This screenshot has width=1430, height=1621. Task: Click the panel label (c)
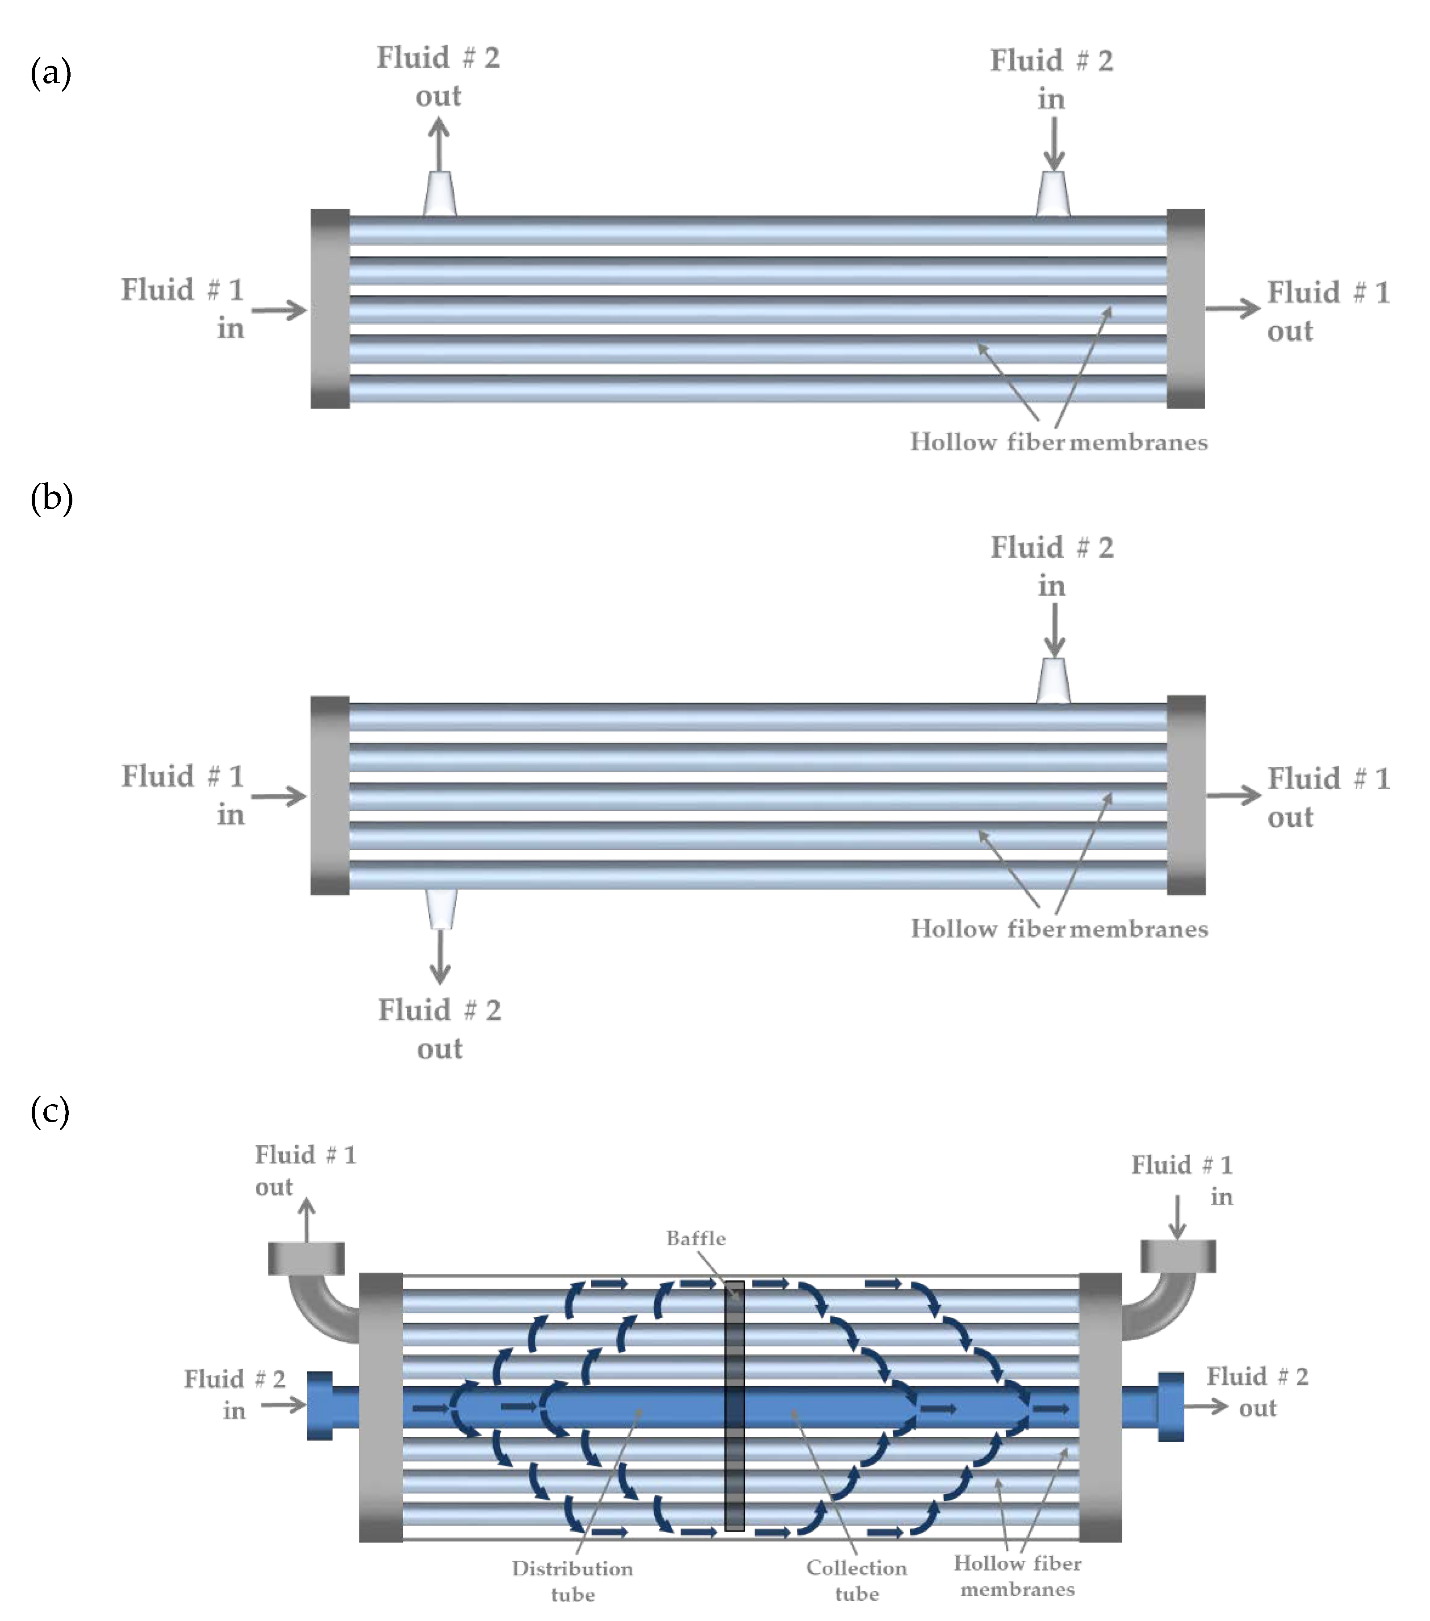[x=50, y=1110]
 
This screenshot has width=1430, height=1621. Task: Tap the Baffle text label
[x=695, y=1238]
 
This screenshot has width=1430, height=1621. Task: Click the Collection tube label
[x=857, y=1580]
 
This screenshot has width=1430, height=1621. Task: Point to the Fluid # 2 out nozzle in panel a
[x=439, y=193]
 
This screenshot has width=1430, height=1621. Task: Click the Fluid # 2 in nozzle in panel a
[x=1053, y=193]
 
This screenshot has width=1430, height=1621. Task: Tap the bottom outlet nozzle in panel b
[x=441, y=908]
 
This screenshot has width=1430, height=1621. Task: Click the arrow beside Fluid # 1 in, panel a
[x=279, y=310]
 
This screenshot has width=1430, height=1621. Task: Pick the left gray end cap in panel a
[x=330, y=309]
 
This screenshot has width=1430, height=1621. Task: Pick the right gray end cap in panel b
[x=1187, y=796]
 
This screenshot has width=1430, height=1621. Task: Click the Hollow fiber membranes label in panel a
[x=1059, y=442]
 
